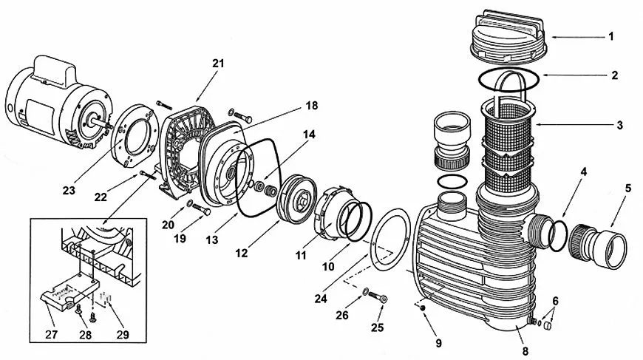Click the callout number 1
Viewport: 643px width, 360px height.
click(x=611, y=37)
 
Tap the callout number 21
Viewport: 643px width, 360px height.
click(x=219, y=64)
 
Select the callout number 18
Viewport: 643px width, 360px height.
click(x=312, y=106)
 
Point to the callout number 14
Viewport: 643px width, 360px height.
click(x=309, y=134)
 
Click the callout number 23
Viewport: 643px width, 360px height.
click(x=69, y=190)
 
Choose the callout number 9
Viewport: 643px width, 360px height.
click(x=439, y=343)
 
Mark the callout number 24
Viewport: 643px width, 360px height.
click(x=321, y=299)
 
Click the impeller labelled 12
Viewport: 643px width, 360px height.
click(x=298, y=200)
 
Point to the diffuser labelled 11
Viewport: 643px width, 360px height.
click(x=330, y=213)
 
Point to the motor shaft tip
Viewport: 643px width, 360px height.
click(x=111, y=126)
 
